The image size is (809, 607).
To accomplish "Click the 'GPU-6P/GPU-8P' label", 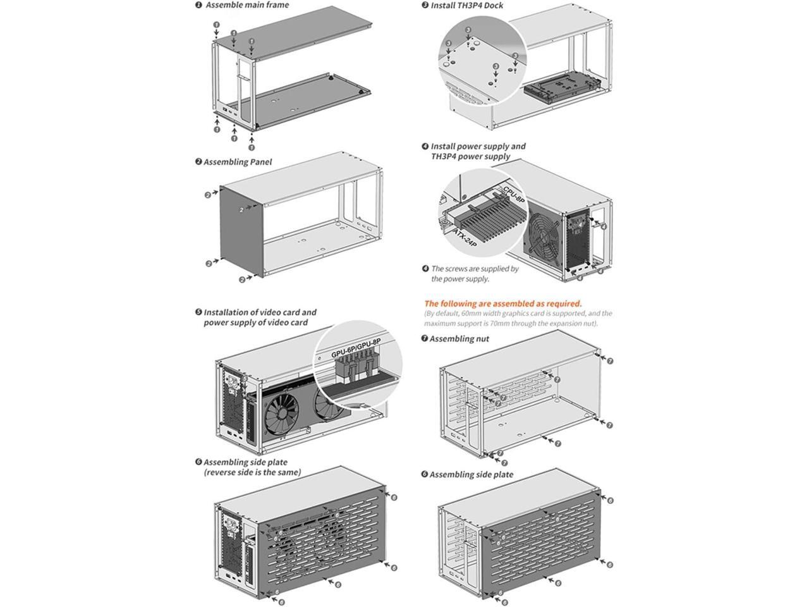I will point(356,347).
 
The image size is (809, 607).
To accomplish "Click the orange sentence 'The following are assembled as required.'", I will point(503,303).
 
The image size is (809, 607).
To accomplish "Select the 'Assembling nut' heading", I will point(459,339).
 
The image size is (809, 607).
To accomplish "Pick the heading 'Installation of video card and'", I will point(260,312).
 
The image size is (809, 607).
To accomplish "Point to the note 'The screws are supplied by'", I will point(475,269).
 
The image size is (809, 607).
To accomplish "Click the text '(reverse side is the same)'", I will point(252,472).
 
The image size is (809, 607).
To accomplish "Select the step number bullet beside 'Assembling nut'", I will point(425,339).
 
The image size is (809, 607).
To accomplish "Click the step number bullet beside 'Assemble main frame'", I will point(198,5).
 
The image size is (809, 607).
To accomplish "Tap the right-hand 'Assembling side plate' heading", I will point(471,474).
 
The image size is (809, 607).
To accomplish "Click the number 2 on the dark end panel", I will point(241,209).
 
